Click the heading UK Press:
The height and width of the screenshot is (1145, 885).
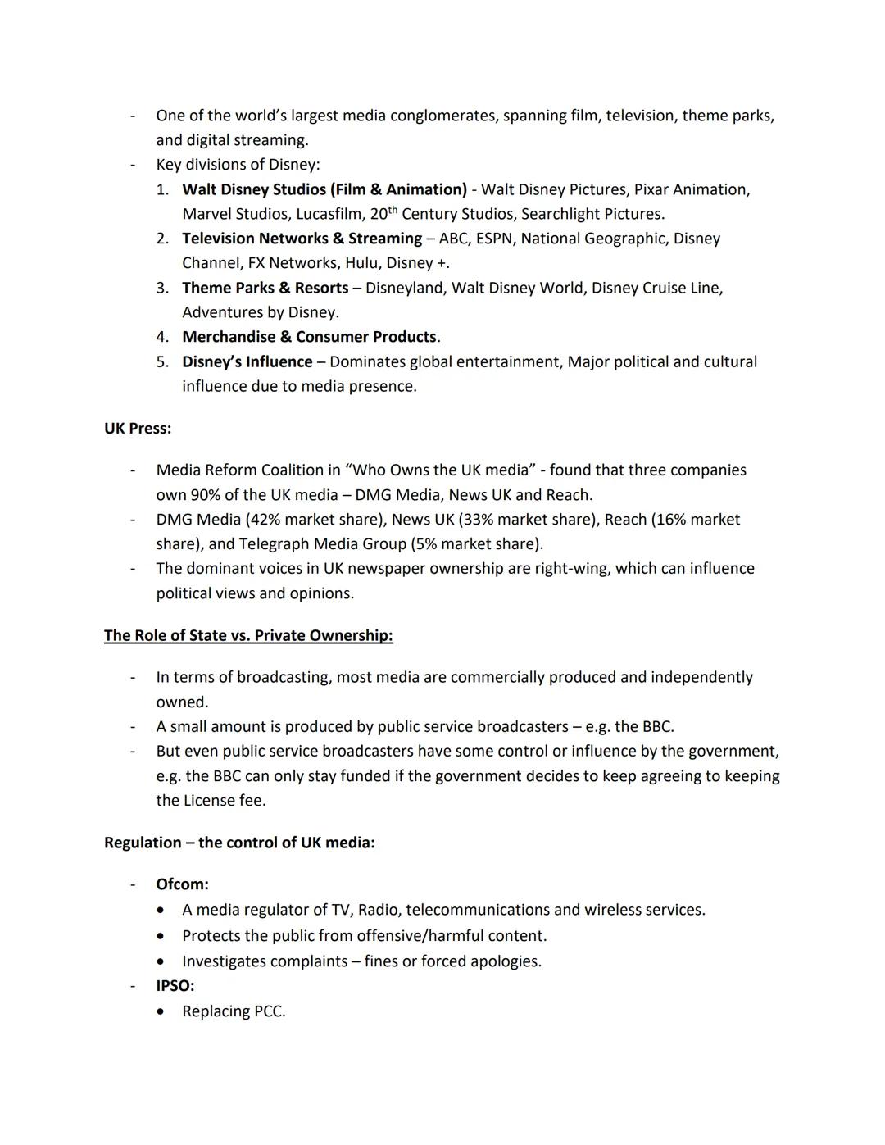138,429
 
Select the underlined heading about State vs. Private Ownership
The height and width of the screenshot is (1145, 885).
248,636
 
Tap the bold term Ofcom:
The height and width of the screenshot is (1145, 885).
182,884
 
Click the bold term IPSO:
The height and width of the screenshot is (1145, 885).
175,986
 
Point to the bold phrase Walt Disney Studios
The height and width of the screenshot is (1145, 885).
255,189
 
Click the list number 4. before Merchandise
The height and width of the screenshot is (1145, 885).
162,337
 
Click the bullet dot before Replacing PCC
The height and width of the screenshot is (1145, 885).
163,1012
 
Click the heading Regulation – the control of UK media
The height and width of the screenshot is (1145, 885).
239,843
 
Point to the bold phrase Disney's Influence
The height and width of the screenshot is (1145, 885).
247,361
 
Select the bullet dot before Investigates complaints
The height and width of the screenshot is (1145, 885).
163,961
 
